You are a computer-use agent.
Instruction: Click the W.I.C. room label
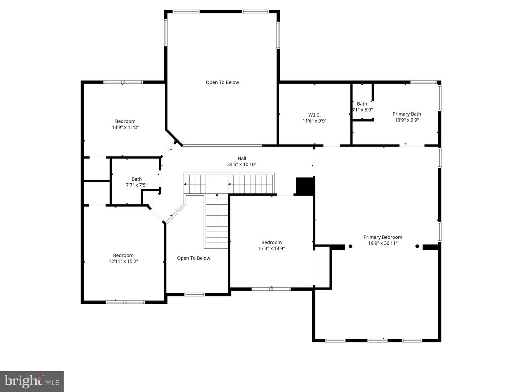point(314,115)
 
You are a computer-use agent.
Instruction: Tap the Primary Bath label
point(407,114)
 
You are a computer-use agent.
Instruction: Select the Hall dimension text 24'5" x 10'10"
point(242,164)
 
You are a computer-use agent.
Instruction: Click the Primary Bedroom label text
point(383,237)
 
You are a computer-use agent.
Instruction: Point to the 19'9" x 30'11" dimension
point(383,244)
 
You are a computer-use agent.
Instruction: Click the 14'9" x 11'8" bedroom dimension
point(125,127)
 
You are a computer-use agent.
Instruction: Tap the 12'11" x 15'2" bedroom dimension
point(123,261)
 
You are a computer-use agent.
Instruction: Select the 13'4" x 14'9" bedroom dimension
point(272,249)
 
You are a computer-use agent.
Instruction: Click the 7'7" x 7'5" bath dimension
point(137,185)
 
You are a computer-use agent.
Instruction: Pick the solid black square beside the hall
point(304,186)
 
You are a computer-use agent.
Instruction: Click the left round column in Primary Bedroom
point(351,246)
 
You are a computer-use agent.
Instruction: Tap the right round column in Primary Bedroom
point(417,246)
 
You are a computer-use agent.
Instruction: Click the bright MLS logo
point(32,381)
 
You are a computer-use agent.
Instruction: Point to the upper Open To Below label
point(222,82)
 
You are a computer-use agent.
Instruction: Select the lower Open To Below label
point(194,258)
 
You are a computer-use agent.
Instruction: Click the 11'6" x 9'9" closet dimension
point(314,121)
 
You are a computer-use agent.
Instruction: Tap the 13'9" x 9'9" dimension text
point(407,120)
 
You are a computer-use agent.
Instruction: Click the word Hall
point(242,158)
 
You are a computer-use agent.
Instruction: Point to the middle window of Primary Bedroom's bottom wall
point(377,340)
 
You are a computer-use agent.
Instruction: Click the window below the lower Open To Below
point(195,294)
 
